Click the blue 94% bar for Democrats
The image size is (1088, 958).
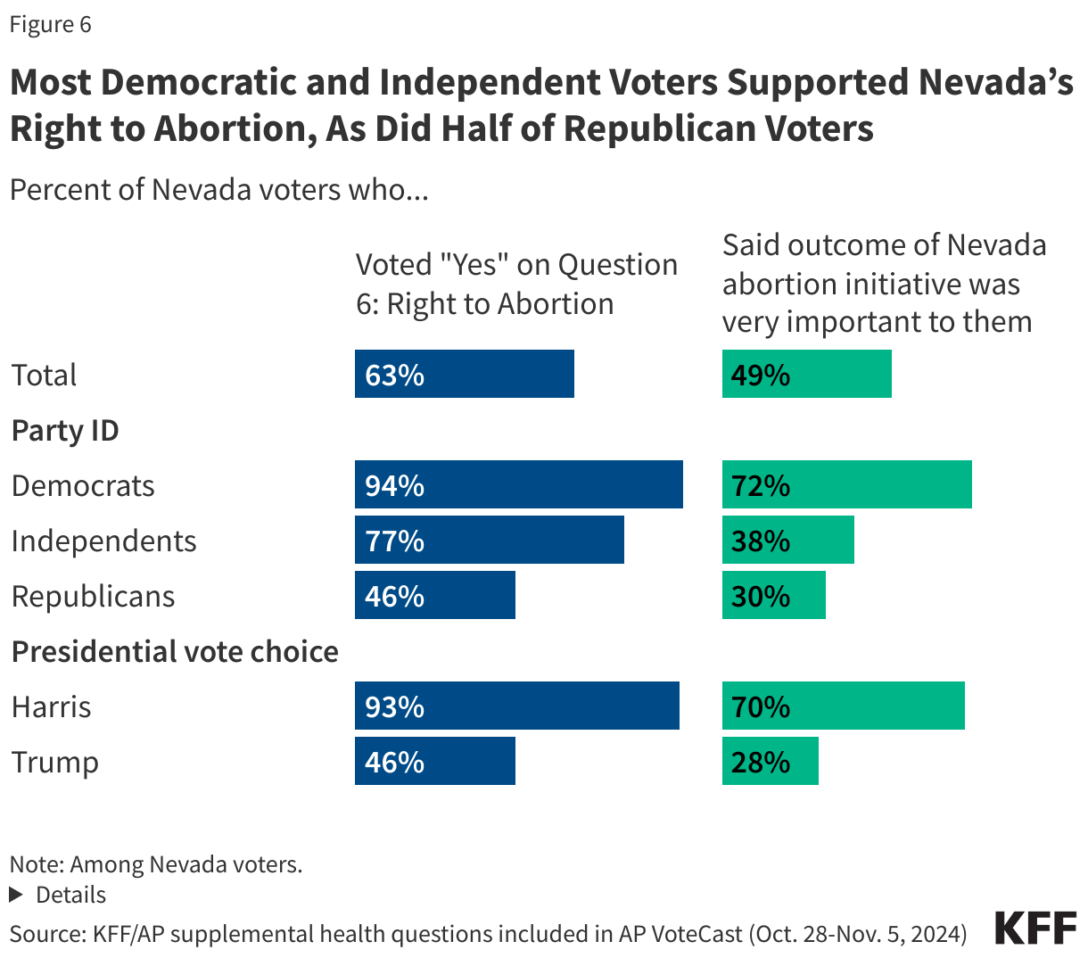(x=518, y=485)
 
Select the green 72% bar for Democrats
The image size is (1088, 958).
(x=846, y=485)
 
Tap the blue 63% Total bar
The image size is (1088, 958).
(x=464, y=375)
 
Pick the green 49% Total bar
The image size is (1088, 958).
(x=806, y=375)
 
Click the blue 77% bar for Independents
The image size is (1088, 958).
(x=489, y=541)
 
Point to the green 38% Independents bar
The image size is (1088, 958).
(x=787, y=541)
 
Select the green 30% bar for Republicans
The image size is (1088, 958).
(x=773, y=596)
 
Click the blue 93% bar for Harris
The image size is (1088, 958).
(x=516, y=706)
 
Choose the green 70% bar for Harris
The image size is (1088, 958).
(x=843, y=706)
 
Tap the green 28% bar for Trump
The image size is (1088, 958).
(x=770, y=762)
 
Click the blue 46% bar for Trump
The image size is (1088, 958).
(x=434, y=762)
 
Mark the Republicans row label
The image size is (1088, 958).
(x=93, y=596)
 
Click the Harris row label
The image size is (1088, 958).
(x=51, y=706)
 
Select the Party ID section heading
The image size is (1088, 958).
(x=65, y=431)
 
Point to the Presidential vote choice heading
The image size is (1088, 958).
(x=175, y=651)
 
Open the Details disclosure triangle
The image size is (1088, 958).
(x=15, y=895)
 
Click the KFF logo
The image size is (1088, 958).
(x=1035, y=929)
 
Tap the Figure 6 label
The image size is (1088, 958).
(x=50, y=24)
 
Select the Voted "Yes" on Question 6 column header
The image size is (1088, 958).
(x=516, y=284)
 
